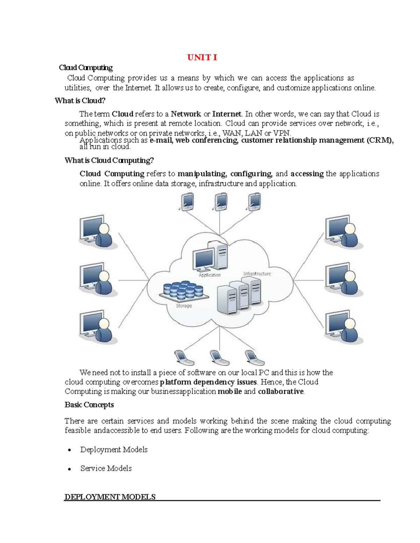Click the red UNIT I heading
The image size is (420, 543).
(x=202, y=58)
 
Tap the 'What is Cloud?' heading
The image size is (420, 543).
(x=80, y=101)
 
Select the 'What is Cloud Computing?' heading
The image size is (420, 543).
(x=109, y=160)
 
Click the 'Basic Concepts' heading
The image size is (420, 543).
(x=89, y=405)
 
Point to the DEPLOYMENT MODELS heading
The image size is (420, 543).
(x=110, y=497)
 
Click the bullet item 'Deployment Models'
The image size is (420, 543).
(x=114, y=450)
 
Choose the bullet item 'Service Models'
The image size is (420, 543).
(x=106, y=469)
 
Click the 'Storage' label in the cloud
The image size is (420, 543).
(x=184, y=306)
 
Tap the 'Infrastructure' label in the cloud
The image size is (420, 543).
(x=257, y=274)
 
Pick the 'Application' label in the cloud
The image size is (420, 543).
(x=210, y=275)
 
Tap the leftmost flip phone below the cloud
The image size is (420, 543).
(x=184, y=358)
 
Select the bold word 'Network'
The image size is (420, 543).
(x=185, y=114)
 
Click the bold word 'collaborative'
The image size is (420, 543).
(x=281, y=392)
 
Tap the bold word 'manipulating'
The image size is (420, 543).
(x=202, y=174)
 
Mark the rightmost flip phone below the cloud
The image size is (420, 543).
(x=254, y=358)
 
